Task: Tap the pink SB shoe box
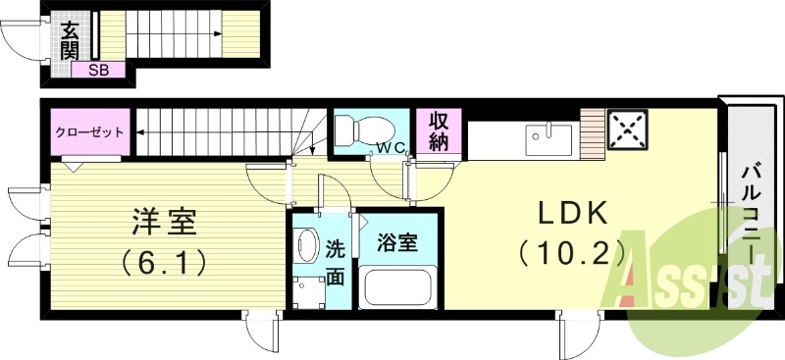coord(98,70)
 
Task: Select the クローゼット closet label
coord(88,131)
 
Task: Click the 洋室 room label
coord(165,224)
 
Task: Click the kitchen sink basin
coord(549,138)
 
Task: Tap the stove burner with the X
coord(625,129)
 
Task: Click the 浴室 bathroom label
coord(401,241)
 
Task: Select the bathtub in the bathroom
coord(400,286)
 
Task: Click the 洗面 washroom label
coord(335,262)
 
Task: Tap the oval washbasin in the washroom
coord(307,246)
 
